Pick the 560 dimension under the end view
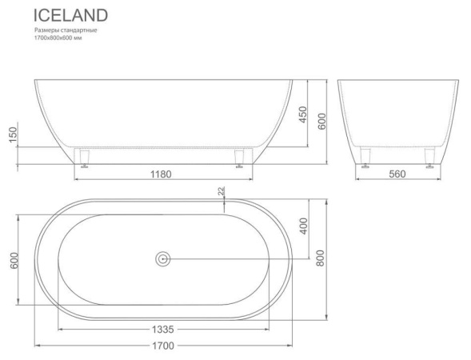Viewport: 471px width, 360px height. click(x=397, y=174)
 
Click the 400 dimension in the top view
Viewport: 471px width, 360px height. click(x=302, y=226)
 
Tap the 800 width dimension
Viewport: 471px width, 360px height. click(x=320, y=258)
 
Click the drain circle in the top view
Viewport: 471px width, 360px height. click(x=163, y=258)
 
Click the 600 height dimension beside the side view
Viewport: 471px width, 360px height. click(x=320, y=120)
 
